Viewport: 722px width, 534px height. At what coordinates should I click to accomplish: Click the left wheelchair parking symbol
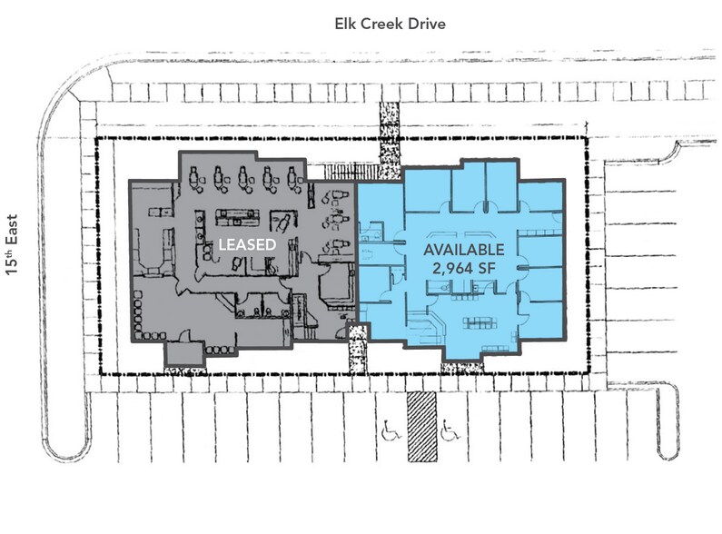[391, 424]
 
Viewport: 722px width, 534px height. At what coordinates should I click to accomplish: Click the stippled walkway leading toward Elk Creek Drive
[388, 141]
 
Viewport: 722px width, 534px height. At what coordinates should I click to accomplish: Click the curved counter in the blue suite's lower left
[424, 324]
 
